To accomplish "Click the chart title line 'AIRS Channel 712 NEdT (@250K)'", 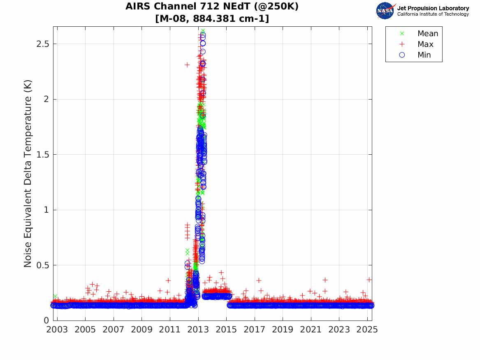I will pyautogui.click(x=212, y=7).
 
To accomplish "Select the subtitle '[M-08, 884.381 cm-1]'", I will pyautogui.click(x=212, y=19).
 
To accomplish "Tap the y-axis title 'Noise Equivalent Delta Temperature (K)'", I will pyautogui.click(x=28, y=174).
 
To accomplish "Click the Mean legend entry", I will pyautogui.click(x=427, y=33).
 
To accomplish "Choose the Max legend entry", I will pyautogui.click(x=425, y=44).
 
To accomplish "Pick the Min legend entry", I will pyautogui.click(x=424, y=55).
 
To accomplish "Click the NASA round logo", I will pyautogui.click(x=385, y=11).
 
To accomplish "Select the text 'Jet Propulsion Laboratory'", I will pyautogui.click(x=433, y=8).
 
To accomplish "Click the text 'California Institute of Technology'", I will pyautogui.click(x=433, y=14).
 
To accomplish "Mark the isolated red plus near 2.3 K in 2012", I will pyautogui.click(x=187, y=65).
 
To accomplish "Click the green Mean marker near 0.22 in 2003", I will pyautogui.click(x=55, y=296).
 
